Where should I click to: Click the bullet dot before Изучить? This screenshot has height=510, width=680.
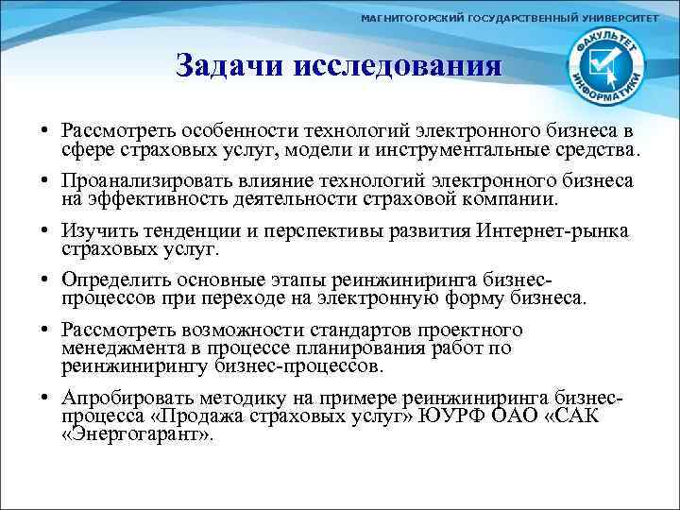[x=46, y=230]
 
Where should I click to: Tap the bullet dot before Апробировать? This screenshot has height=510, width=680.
[x=46, y=399]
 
